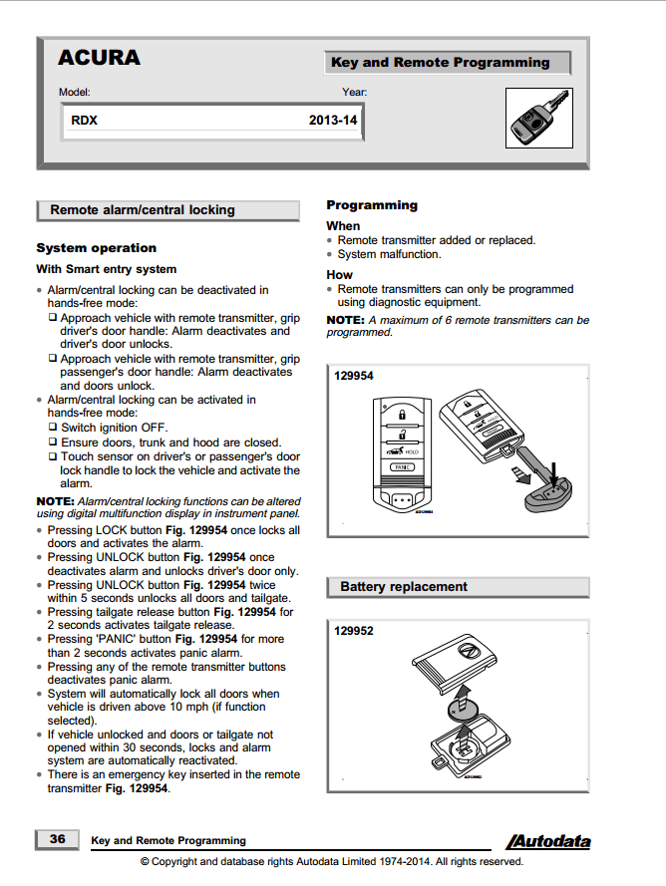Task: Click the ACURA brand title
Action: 99,58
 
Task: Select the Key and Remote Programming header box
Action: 446,63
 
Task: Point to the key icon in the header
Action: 538,117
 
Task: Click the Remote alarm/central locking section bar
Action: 166,210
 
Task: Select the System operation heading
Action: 96,248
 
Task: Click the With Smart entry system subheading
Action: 106,269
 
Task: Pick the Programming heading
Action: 372,205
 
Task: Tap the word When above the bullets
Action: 343,226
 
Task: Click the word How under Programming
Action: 339,274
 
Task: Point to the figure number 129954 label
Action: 354,376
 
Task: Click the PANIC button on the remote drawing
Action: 402,466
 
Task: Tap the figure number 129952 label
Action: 354,631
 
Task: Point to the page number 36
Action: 57,839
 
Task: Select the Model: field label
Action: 74,93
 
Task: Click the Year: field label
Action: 354,93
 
